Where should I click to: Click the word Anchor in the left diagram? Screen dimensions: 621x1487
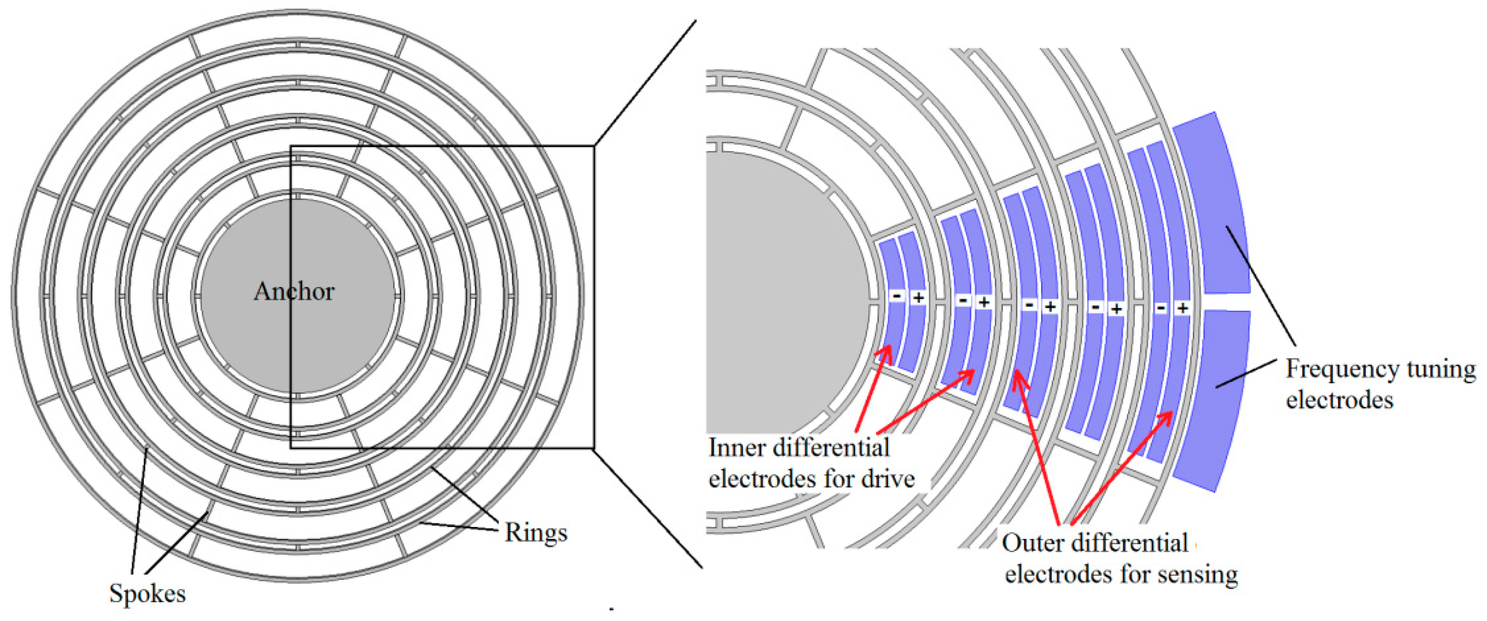[x=294, y=291]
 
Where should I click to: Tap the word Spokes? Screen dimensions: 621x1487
[x=148, y=594]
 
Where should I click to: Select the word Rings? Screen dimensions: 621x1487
[x=536, y=532]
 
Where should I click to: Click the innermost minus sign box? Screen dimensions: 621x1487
[x=897, y=296]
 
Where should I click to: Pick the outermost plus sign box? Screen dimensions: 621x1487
[x=1182, y=308]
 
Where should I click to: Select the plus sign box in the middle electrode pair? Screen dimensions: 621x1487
[x=1050, y=306]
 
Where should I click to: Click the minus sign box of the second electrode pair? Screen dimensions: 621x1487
[x=963, y=300]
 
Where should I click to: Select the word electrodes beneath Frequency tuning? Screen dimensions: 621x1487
[x=1339, y=400]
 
